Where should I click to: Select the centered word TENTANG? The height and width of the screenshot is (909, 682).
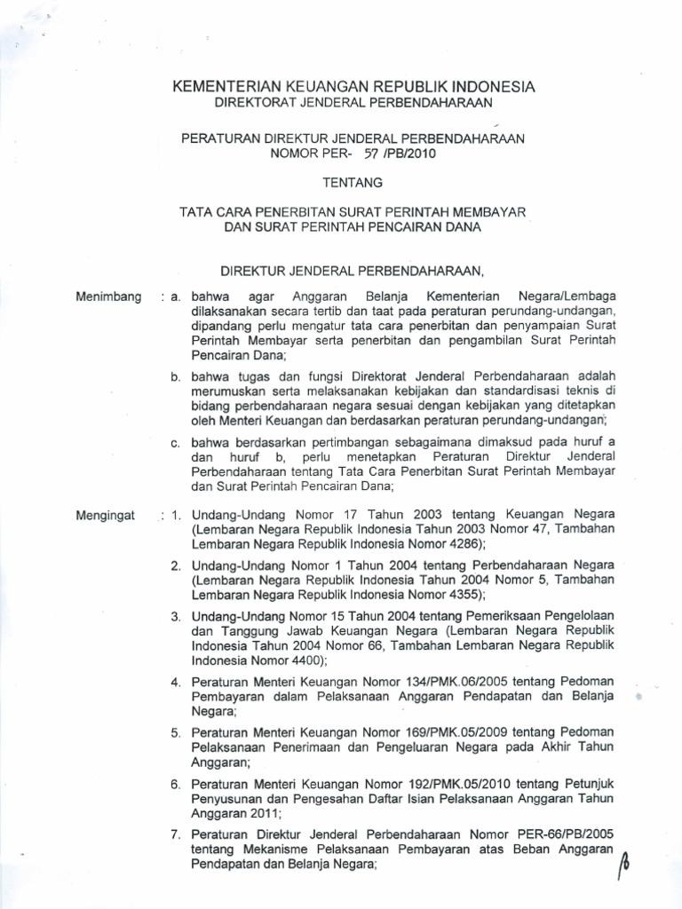point(355,183)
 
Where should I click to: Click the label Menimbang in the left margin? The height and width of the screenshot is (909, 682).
point(109,296)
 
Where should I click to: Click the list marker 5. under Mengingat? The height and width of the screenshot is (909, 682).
point(176,732)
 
